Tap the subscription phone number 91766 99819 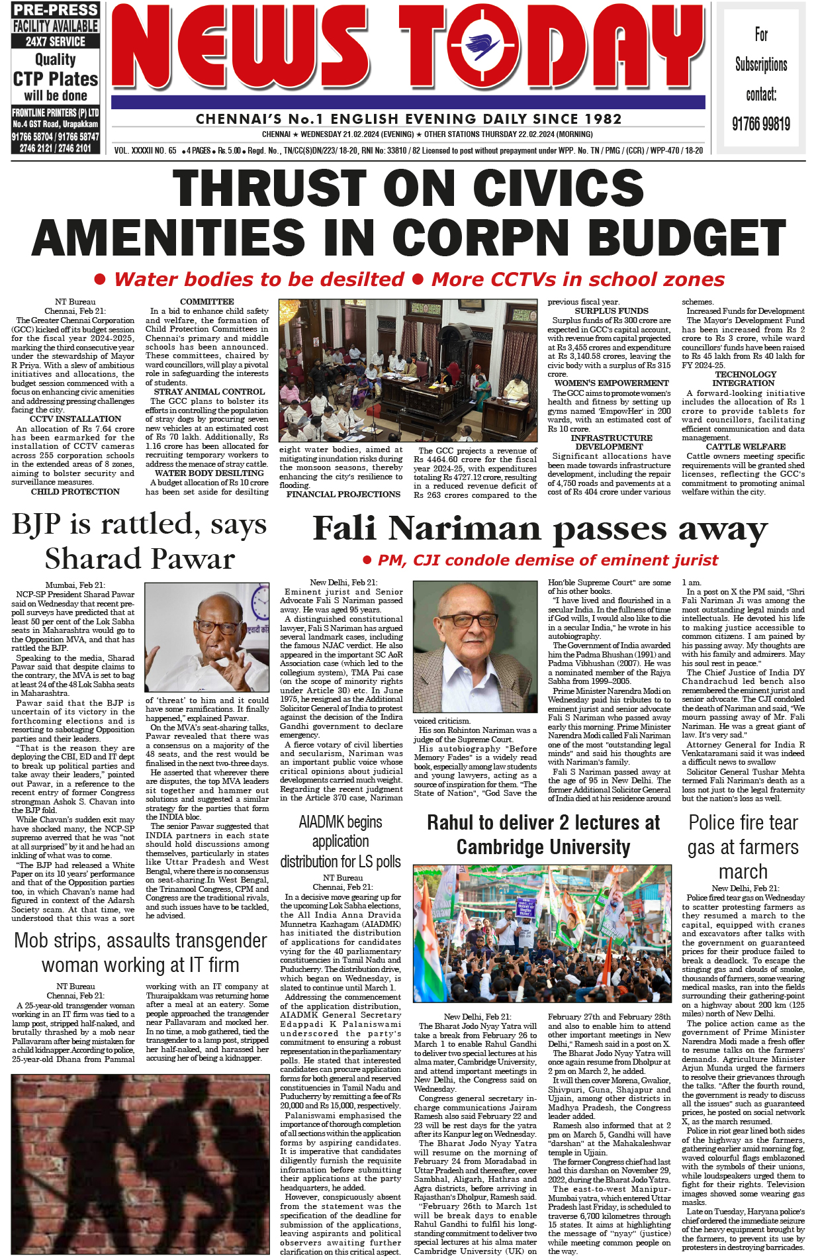760,124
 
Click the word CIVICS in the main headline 558,188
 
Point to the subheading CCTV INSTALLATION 75,419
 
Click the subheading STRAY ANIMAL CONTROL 209,392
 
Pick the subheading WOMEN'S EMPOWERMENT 611,383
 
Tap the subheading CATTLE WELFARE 745,447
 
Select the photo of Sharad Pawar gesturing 206,638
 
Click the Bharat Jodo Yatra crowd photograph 542,933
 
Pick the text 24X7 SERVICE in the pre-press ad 55,41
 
